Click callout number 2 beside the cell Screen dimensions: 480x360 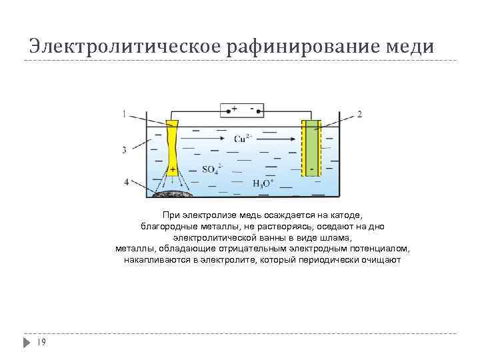tap(360, 115)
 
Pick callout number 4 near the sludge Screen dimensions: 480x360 tap(126, 181)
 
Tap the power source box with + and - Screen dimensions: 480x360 tap(242, 109)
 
